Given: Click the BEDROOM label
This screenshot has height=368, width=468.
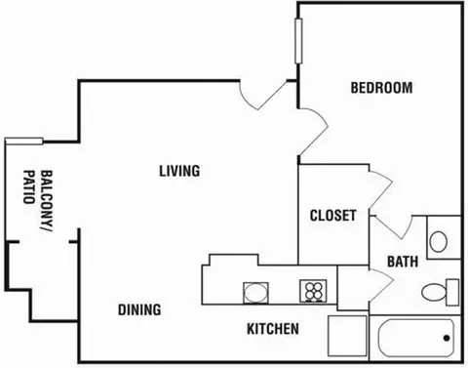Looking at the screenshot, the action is [x=381, y=88].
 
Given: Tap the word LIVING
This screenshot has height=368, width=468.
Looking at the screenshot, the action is [x=179, y=171].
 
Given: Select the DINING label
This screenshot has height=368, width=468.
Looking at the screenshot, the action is [x=139, y=309].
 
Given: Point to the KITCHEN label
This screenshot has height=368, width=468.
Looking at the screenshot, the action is [x=273, y=329].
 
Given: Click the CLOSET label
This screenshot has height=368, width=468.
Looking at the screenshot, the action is [x=333, y=216].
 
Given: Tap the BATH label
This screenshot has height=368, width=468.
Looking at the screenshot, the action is [x=403, y=262].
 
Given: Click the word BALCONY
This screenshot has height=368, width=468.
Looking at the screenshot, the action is [x=47, y=201].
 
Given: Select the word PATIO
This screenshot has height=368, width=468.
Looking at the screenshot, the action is [x=29, y=186].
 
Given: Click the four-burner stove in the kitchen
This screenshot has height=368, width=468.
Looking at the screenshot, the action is [x=313, y=291].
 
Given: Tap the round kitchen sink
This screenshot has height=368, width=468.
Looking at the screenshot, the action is [x=256, y=293].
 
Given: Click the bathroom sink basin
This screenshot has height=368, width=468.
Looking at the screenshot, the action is [x=438, y=241].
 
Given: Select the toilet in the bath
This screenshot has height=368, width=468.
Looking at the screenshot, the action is [x=441, y=292].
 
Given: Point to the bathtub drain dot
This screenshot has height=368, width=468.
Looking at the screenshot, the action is [x=447, y=338].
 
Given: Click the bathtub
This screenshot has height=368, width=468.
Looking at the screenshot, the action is [x=416, y=339].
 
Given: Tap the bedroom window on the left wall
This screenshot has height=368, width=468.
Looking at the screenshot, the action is [x=298, y=41].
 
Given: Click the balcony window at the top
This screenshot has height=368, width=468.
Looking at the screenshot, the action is [x=24, y=141].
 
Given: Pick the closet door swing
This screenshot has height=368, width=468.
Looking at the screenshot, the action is [x=381, y=188].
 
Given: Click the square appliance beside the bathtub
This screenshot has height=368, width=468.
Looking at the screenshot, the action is [x=347, y=335].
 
